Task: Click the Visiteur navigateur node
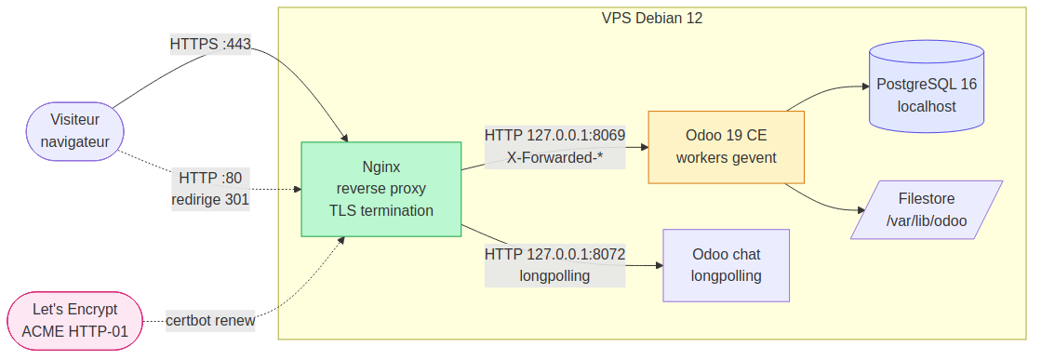coord(74,131)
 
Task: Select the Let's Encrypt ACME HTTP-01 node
coord(74,321)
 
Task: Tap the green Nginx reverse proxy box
coord(380,189)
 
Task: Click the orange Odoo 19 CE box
coord(726,146)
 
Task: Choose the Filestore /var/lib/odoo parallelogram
coord(926,209)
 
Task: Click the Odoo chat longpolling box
coord(726,265)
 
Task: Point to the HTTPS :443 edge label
coord(210,44)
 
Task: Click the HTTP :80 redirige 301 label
coord(210,189)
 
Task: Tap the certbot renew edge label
coord(210,322)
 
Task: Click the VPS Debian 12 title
coord(652,19)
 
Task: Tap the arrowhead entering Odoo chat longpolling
coord(657,265)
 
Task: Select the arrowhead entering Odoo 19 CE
coord(643,146)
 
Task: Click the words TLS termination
coord(380,210)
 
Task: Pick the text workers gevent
coord(726,157)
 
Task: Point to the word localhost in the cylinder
coord(926,106)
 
